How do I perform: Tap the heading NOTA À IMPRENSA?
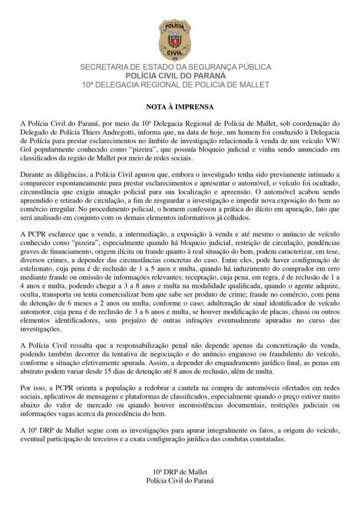click(180, 107)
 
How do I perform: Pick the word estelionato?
click(39, 268)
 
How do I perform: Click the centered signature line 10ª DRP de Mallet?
click(180, 471)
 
